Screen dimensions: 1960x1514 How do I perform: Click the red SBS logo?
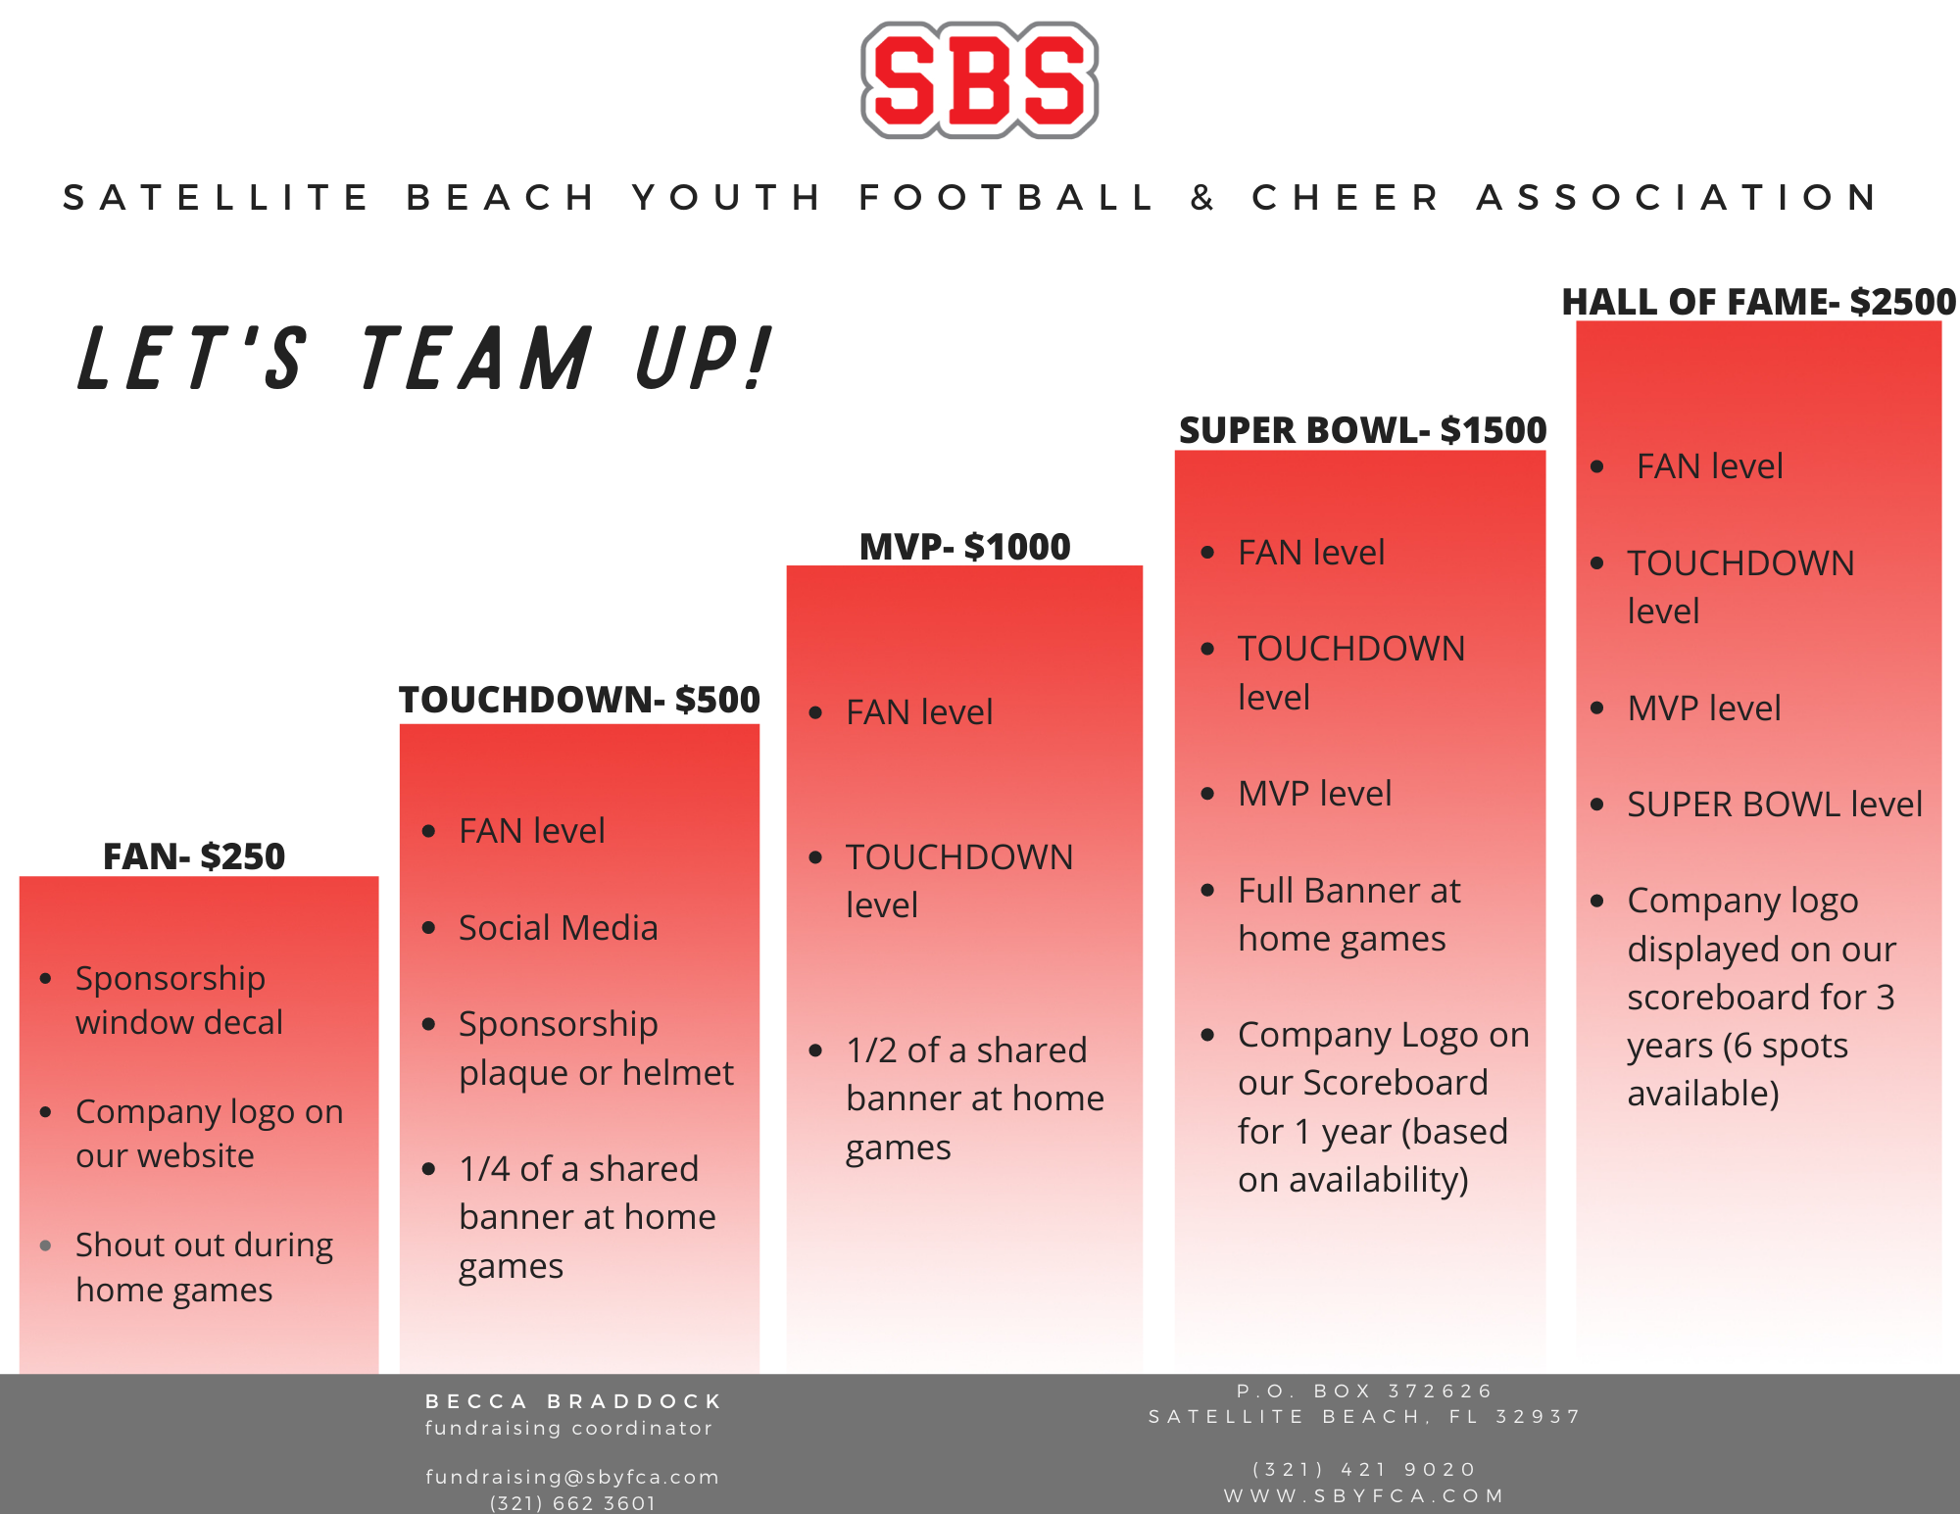click(979, 80)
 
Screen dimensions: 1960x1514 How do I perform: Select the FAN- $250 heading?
click(194, 856)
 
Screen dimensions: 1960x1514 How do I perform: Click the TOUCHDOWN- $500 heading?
click(579, 700)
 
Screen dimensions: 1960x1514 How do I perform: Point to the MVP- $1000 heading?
click(964, 547)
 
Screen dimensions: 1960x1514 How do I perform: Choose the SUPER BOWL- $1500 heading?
click(1362, 430)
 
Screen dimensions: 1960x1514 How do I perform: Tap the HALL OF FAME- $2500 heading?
click(1758, 302)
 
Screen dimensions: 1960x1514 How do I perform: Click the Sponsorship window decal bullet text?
click(179, 1001)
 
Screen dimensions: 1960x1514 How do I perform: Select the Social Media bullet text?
click(559, 927)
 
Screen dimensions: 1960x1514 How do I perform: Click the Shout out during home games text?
click(204, 1267)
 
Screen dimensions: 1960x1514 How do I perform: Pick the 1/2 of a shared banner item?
click(975, 1099)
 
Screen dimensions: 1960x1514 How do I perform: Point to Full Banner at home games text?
click(1349, 914)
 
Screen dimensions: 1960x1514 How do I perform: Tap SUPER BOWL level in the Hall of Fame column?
click(1775, 805)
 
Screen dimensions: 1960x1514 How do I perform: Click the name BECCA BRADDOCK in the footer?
click(573, 1401)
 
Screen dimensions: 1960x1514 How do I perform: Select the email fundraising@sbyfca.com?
click(572, 1477)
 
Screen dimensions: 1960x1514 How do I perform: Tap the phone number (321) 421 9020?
click(1364, 1469)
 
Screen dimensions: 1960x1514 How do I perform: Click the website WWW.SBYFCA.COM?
click(1364, 1495)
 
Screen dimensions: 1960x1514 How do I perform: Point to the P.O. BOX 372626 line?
click(1364, 1391)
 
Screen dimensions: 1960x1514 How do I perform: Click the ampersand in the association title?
click(1202, 198)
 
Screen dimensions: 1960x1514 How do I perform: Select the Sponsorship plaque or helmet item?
click(596, 1049)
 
